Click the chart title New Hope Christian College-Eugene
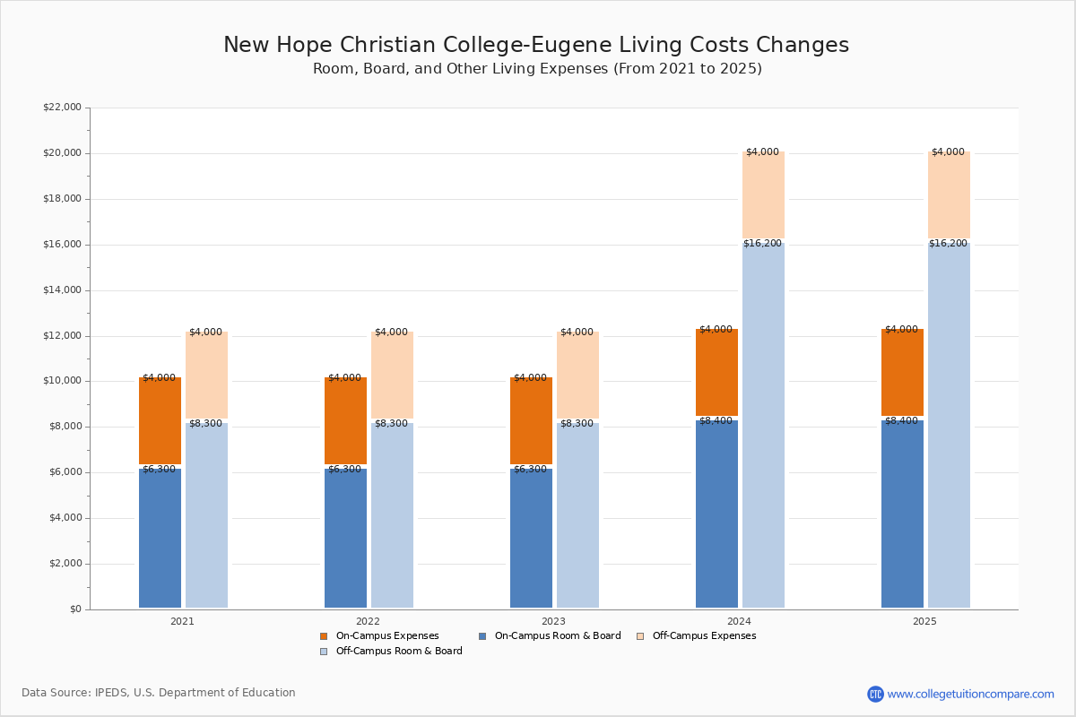536,45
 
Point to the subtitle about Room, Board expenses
537,69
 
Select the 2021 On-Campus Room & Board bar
160,538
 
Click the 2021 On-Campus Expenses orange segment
160,420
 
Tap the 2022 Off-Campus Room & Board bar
392,514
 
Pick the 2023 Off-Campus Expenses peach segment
577,375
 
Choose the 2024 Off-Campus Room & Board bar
763,425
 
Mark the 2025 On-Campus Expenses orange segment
902,372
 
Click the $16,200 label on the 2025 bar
948,244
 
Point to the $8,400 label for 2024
716,420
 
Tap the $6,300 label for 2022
344,470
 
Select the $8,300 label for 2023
577,424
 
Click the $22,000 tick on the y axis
63,107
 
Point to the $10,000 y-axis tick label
63,381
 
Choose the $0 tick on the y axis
76,609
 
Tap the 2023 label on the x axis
553,621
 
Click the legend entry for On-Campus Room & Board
550,635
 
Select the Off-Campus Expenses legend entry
697,635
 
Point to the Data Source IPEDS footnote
159,693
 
